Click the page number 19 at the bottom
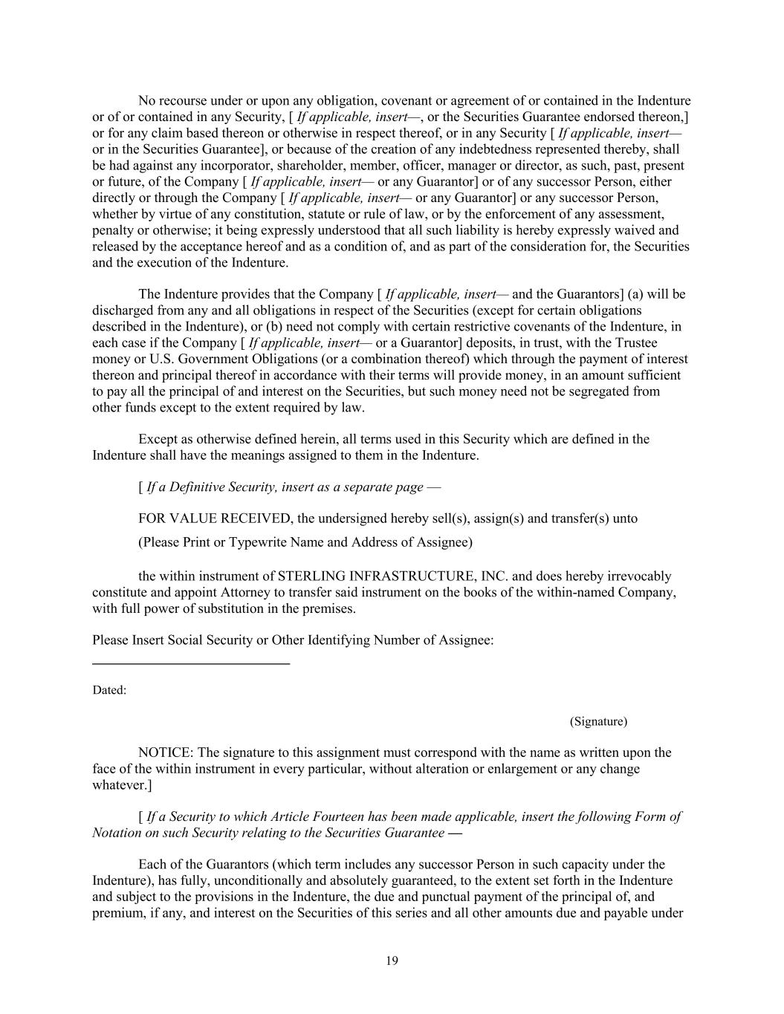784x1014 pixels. (392, 961)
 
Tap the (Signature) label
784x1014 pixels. (598, 721)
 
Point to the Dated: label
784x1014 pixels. (109, 690)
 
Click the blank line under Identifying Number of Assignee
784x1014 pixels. (191, 662)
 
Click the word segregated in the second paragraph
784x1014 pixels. (595, 391)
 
